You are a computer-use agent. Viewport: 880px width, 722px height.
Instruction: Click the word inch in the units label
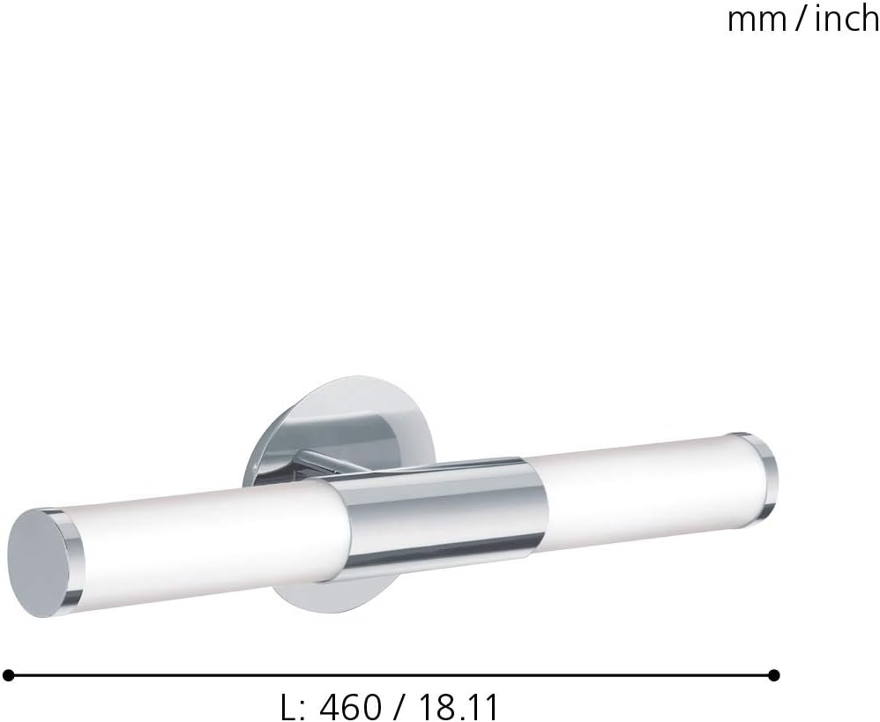(847, 19)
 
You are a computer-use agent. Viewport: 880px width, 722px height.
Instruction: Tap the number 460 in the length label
(350, 707)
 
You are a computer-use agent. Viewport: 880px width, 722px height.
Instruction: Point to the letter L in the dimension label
(287, 707)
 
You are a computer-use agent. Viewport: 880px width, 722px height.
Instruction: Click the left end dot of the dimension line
(9, 675)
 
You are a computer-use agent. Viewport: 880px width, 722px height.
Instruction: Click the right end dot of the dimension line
(774, 675)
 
